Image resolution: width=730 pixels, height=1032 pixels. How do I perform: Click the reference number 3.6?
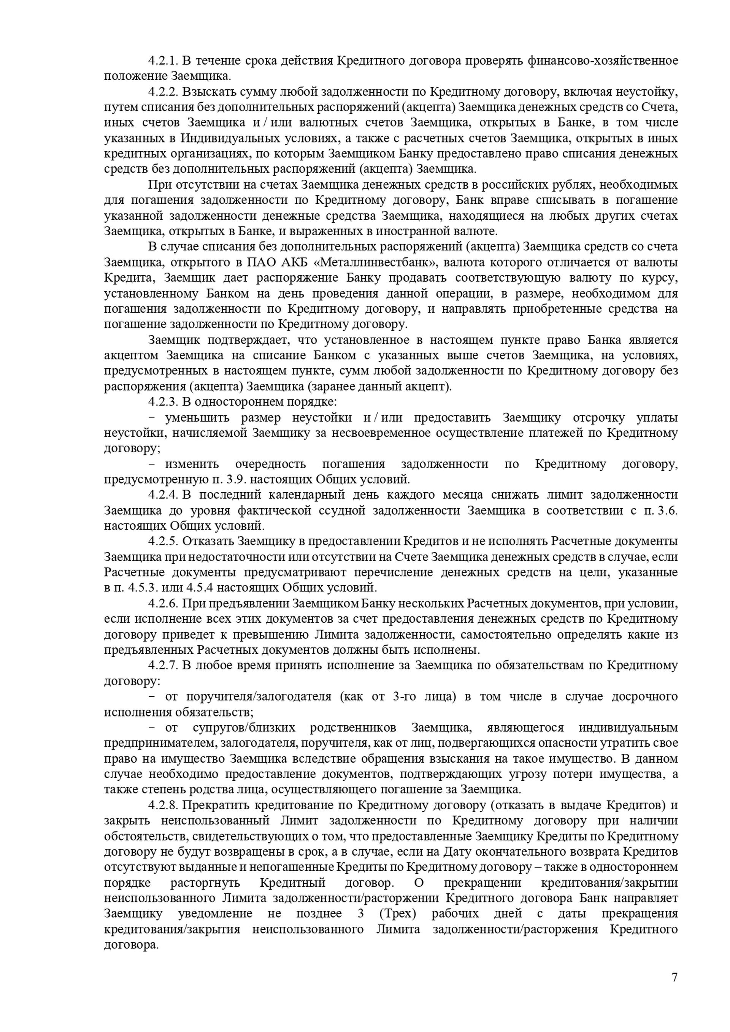(x=667, y=510)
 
